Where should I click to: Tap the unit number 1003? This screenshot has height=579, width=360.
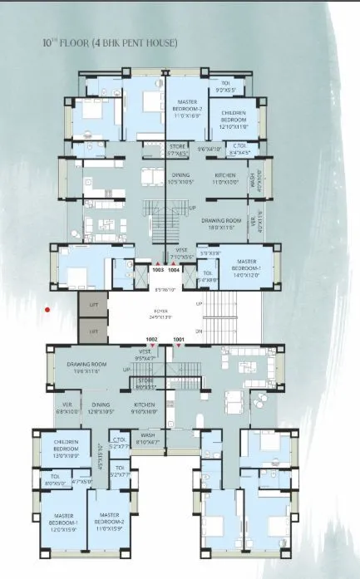(x=158, y=269)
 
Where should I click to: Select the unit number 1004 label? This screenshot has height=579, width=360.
(x=175, y=269)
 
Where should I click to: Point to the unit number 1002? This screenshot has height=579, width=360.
(x=151, y=340)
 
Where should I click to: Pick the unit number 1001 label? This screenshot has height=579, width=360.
(x=178, y=340)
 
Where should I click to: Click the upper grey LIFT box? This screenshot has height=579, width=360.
(x=93, y=306)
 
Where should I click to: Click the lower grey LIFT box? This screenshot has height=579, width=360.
(x=93, y=331)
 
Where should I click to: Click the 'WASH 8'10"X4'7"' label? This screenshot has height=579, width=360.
(x=147, y=438)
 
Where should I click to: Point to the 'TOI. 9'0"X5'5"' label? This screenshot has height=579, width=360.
(x=226, y=86)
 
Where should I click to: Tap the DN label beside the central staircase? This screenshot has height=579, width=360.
(x=198, y=331)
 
